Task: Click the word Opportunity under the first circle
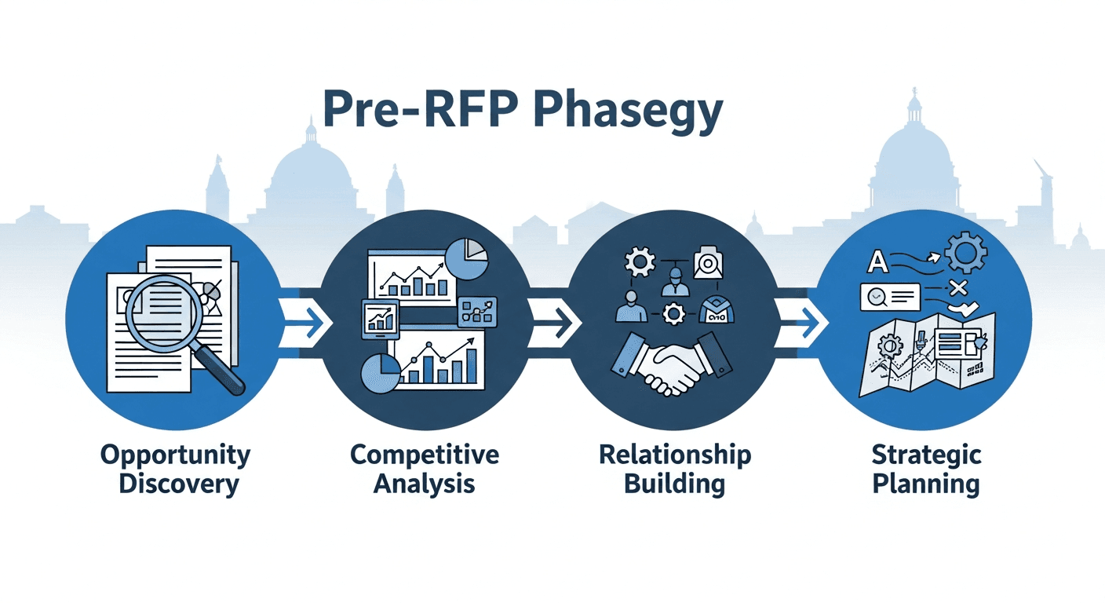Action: pyautogui.click(x=176, y=455)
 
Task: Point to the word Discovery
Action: pyautogui.click(x=178, y=484)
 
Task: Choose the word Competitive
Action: pyautogui.click(x=425, y=455)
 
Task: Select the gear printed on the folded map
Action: pyautogui.click(x=892, y=345)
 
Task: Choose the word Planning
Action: pyautogui.click(x=926, y=484)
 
